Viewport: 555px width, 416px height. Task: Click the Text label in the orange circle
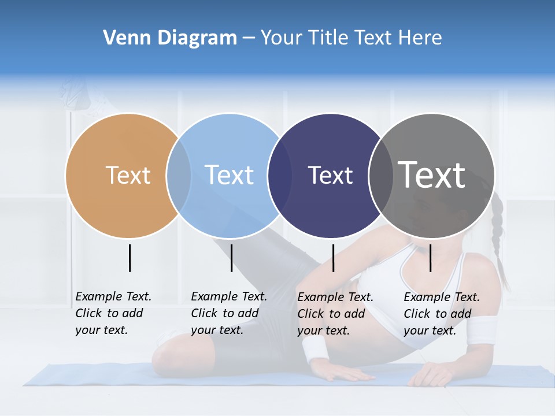tap(128, 175)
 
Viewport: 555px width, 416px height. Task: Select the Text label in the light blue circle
tap(230, 175)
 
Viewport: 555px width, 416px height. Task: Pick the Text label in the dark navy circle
tap(330, 175)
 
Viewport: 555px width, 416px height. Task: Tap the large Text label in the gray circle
tap(432, 175)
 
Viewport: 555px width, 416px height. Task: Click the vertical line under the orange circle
tap(129, 258)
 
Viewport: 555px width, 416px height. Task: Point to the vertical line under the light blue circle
tap(231, 258)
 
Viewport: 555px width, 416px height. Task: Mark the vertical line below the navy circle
tap(333, 258)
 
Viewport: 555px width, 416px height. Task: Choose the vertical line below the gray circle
tap(430, 258)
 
